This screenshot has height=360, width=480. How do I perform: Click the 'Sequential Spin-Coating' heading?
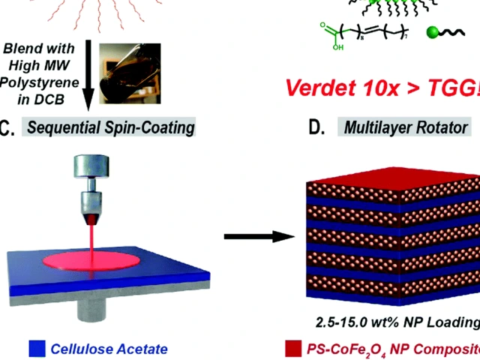[x=111, y=127]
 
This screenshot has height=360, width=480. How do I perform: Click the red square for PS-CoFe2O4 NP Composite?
[x=293, y=349]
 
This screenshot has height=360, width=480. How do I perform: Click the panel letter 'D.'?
[x=317, y=127]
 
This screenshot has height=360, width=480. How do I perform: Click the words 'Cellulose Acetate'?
[x=109, y=349]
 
